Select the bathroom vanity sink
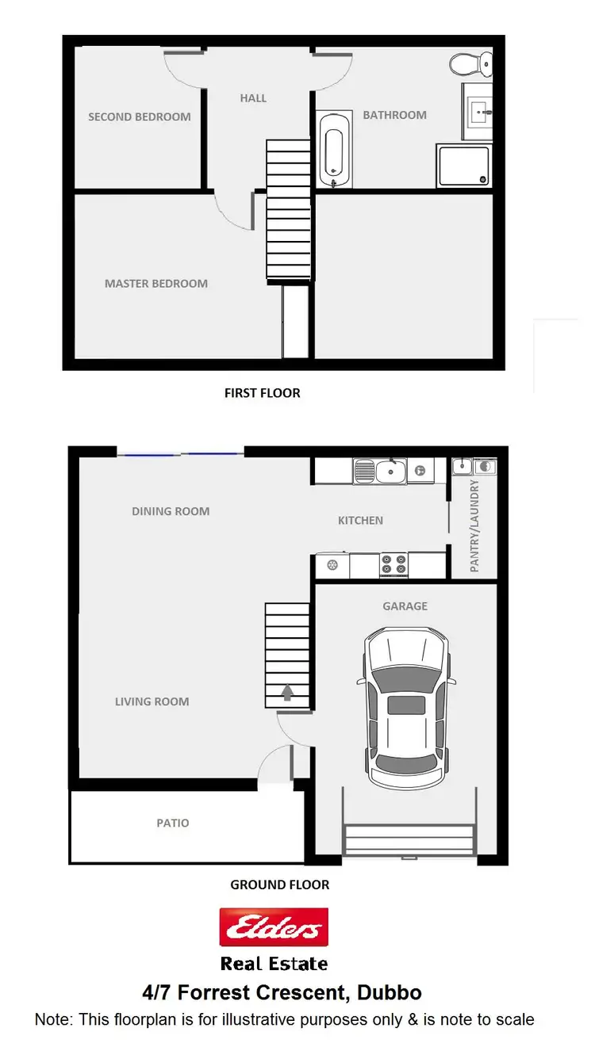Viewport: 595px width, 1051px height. point(479,112)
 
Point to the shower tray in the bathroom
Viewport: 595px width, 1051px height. point(463,166)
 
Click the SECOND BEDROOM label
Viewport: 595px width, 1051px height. point(140,117)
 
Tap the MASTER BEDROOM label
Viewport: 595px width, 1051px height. point(156,283)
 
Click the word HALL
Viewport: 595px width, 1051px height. point(253,98)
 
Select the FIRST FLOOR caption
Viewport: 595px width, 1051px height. point(263,392)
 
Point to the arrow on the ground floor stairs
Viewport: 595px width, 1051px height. point(287,694)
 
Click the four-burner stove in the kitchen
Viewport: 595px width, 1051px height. point(393,564)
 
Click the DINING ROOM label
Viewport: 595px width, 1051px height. point(171,511)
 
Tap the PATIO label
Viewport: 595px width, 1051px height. point(173,823)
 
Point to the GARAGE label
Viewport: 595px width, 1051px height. point(405,606)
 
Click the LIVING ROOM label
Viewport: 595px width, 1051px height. point(152,701)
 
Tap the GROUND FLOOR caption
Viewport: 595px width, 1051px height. point(279,885)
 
